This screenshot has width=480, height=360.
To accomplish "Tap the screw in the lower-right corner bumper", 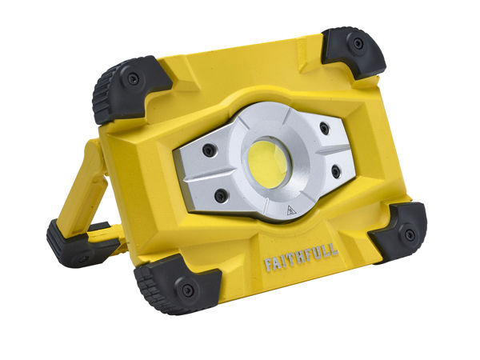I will [x=409, y=235].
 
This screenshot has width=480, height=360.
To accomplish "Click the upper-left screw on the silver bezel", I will [x=209, y=150].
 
